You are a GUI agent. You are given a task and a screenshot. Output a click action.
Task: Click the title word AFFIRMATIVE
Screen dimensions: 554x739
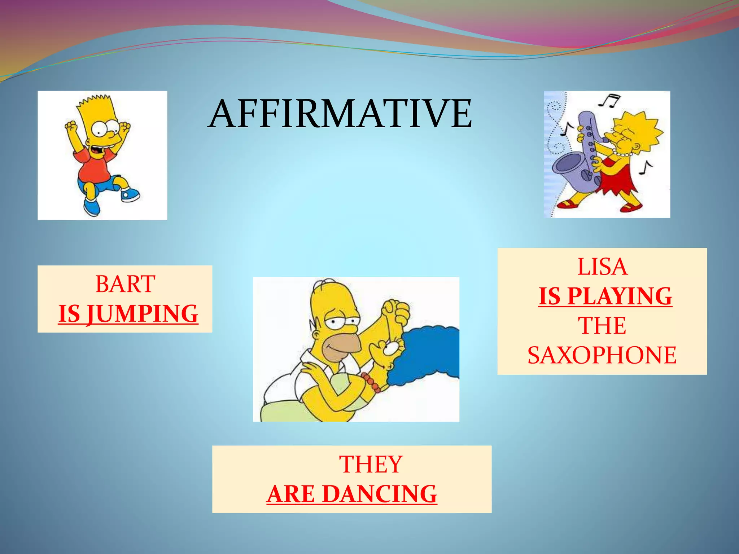pyautogui.click(x=340, y=114)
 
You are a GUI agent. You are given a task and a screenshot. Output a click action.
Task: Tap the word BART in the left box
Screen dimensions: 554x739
pyautogui.click(x=125, y=284)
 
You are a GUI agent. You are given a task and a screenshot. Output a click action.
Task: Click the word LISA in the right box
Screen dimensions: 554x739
pyautogui.click(x=602, y=267)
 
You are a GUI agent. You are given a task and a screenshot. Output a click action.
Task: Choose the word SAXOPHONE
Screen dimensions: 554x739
pyautogui.click(x=602, y=355)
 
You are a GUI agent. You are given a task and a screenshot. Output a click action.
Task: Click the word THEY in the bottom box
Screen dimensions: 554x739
pyautogui.click(x=371, y=464)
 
